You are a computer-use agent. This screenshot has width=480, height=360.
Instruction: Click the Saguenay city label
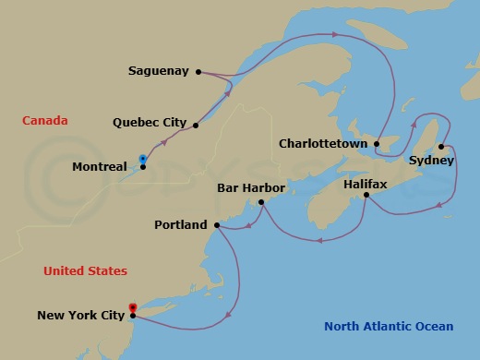pos(160,71)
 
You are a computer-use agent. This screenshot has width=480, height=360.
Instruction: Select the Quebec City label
pos(149,122)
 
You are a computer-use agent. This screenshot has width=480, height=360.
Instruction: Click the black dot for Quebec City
pos(196,124)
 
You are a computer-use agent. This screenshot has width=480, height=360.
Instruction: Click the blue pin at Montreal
pos(142,160)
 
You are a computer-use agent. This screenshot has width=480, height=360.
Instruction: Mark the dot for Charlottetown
pos(378,144)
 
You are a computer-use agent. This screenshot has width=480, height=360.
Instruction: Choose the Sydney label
pos(432,160)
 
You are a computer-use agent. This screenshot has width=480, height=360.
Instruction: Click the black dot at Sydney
pos(441,147)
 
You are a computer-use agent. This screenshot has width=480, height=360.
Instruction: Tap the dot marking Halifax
pos(366,194)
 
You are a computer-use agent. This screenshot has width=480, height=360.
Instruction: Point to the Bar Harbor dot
pos(262,202)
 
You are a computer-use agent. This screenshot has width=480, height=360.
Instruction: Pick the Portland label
pos(182,223)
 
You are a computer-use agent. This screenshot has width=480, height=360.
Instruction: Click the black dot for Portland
pos(216,224)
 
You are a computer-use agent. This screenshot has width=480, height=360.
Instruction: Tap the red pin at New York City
pos(133,308)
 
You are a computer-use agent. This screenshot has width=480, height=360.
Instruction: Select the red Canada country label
pos(43,121)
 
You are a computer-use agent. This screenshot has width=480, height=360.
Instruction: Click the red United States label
pos(85,270)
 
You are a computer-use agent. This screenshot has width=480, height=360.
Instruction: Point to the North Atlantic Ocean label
pos(389,326)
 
